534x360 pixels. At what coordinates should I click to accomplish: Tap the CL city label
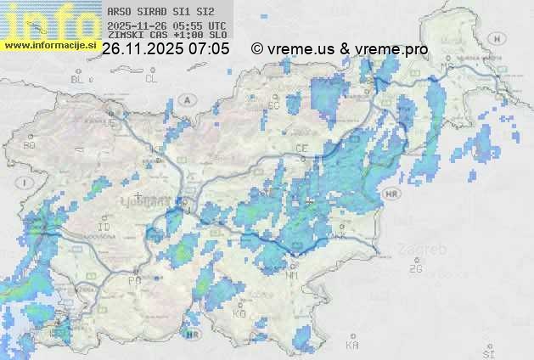(152, 79)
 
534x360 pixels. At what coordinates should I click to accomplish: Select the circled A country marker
(188, 98)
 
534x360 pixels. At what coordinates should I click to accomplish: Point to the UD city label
(110, 122)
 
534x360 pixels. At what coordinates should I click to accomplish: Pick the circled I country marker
(27, 183)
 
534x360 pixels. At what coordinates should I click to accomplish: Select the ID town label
(104, 228)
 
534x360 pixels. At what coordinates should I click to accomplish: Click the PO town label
(134, 279)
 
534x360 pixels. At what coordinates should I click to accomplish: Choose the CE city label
(301, 149)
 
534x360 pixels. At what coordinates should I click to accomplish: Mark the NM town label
(293, 276)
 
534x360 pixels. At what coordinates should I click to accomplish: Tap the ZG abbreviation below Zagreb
(415, 269)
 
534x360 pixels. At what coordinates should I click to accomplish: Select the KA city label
(352, 346)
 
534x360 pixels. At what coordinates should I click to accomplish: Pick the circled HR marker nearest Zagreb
(391, 194)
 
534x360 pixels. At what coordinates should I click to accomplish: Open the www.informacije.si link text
(48, 45)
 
